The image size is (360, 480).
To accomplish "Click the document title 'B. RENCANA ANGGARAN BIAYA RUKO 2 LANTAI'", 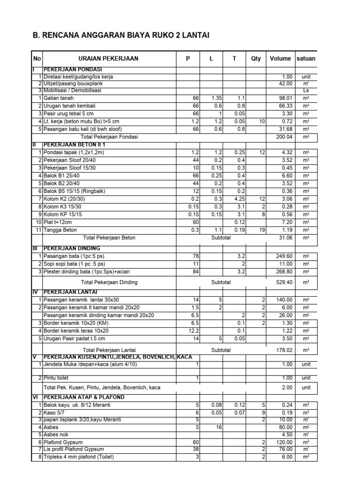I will [120, 35].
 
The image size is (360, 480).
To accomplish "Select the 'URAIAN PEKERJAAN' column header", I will [108, 59].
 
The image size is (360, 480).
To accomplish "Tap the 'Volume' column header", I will [280, 59].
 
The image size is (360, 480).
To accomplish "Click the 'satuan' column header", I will [306, 59].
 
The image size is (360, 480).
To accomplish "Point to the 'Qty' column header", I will [256, 59].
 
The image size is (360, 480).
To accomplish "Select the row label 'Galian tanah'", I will [60, 98].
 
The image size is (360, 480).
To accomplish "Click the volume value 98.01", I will [285, 98].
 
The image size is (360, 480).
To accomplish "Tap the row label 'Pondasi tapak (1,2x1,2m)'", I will [74, 153].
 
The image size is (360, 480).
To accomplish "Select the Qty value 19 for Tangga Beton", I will [262, 230].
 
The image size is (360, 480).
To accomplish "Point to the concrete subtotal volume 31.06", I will [285, 238].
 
